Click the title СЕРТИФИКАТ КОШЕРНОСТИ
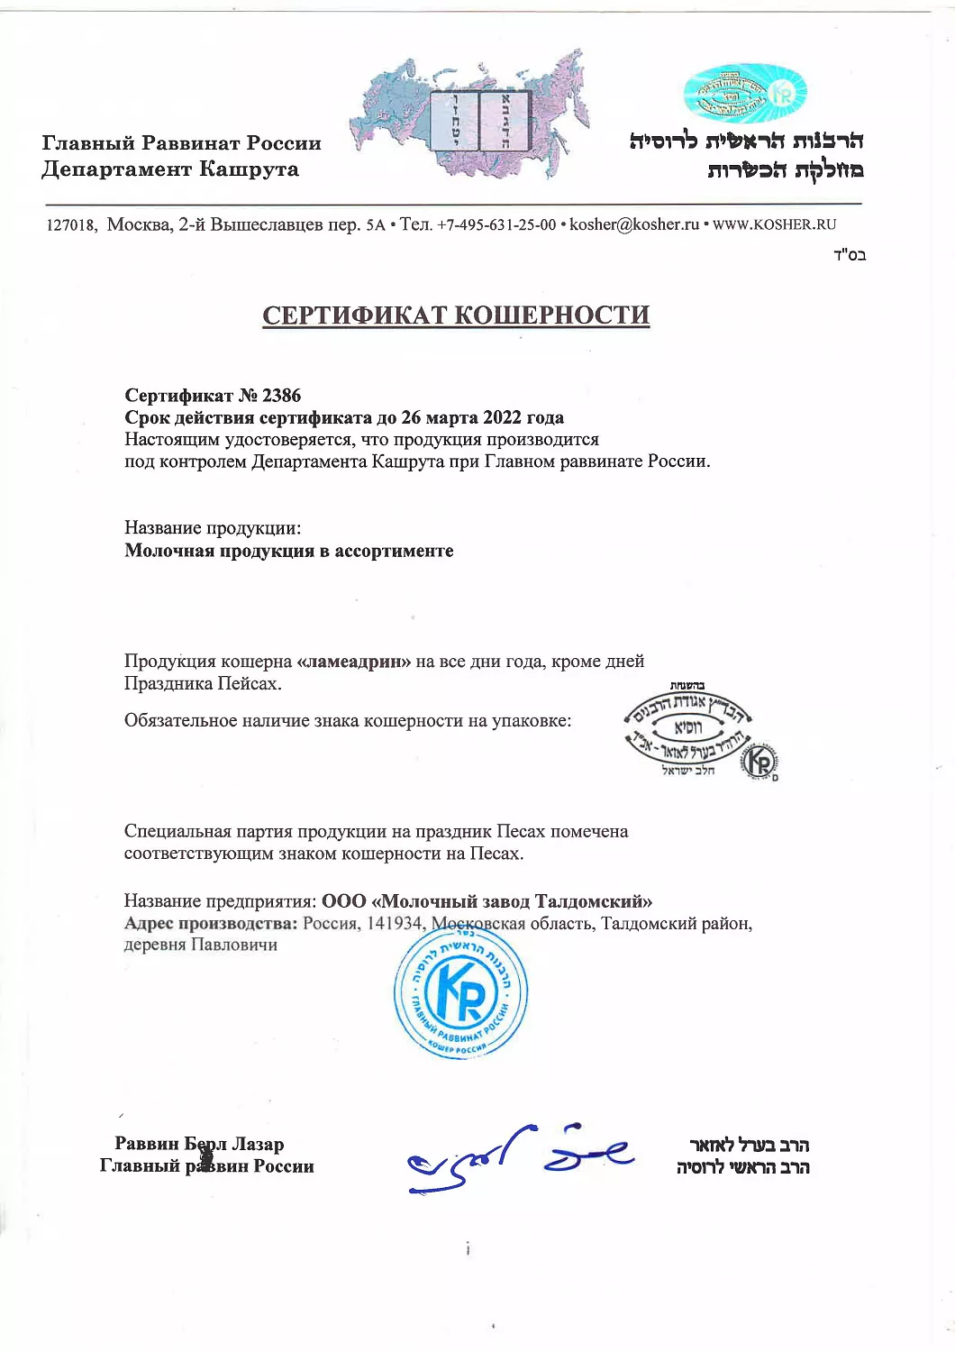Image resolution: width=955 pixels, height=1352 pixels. pyautogui.click(x=456, y=315)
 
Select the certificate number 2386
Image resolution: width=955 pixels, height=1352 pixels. pyautogui.click(x=281, y=396)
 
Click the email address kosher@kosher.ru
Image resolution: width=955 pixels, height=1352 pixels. pyautogui.click(x=634, y=224)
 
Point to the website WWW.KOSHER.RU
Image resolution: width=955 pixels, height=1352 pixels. pyautogui.click(x=774, y=224)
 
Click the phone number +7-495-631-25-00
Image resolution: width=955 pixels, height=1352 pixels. pyautogui.click(x=496, y=224)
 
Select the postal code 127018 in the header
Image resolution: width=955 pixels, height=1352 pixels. pyautogui.click(x=70, y=225)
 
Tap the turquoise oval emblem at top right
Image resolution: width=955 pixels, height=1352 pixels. pyautogui.click(x=744, y=94)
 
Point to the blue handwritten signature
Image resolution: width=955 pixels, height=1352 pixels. pyautogui.click(x=520, y=1157)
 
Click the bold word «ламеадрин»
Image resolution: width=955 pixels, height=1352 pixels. pyautogui.click(x=353, y=662)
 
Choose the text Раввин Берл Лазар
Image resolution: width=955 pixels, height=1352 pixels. pyautogui.click(x=199, y=1144)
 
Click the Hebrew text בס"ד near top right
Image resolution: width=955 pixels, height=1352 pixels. pyautogui.click(x=850, y=255)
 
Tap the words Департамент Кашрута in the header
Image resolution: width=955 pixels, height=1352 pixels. pyautogui.click(x=170, y=169)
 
